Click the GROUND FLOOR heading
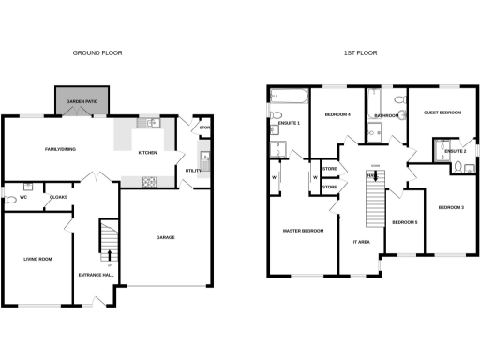pos(97,53)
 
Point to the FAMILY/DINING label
pos(60,148)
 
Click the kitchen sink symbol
pos(151,123)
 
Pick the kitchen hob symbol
pos(149,181)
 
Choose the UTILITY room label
pos(192,171)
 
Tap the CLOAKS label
pos(57,198)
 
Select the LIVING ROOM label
pos(37,259)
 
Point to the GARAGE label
pos(166,237)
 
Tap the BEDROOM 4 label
pos(337,113)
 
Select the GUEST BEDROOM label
pos(442,112)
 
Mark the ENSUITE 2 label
pos(455,151)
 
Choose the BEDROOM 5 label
pos(404,222)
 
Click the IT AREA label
pos(362,242)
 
